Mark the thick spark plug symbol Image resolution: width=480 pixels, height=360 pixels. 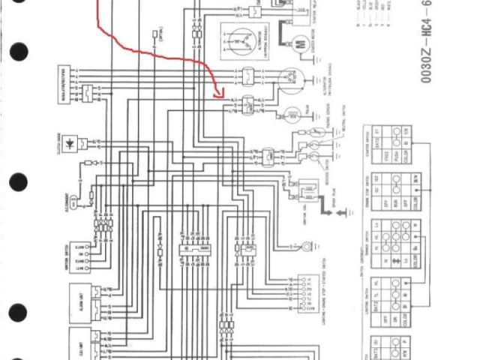(328, 211)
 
